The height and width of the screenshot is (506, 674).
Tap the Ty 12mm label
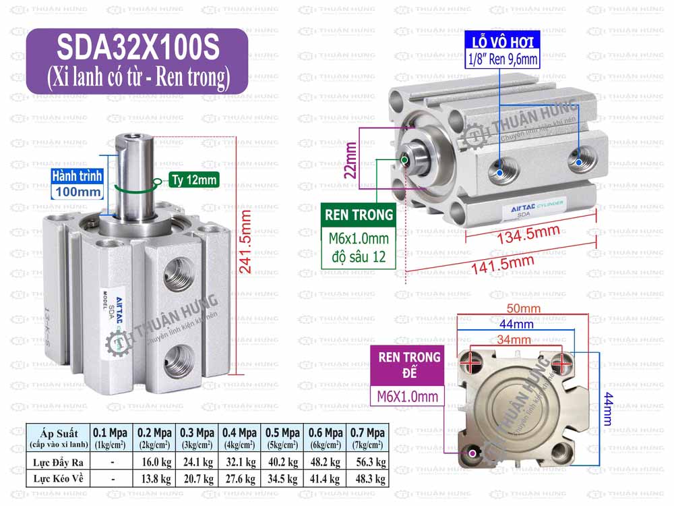[x=193, y=180]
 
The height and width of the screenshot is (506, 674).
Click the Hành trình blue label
[x=78, y=176]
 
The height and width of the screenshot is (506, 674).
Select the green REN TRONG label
[x=359, y=215]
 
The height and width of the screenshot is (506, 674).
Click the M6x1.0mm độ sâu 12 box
[x=359, y=248]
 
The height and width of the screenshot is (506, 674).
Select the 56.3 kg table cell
[x=367, y=463]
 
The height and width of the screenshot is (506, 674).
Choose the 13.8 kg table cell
[x=154, y=478]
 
